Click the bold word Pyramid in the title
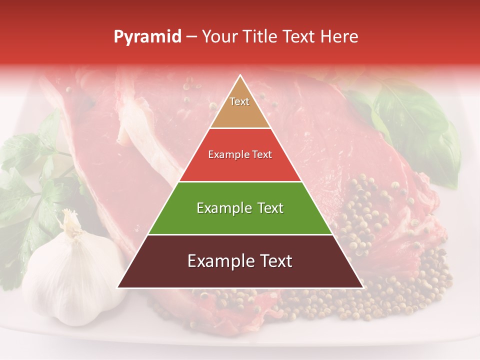pos(147,36)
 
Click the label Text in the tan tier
pos(239,101)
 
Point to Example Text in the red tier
pos(240,154)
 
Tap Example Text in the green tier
pos(240,208)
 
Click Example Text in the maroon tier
pos(240,261)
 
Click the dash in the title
pos(191,36)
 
